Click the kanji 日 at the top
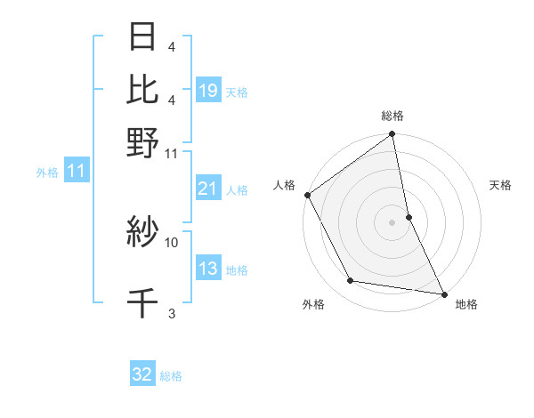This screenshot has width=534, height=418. [x=143, y=38]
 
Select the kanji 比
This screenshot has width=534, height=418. [x=143, y=89]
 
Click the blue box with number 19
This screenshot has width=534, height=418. [x=207, y=90]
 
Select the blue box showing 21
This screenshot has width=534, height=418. [x=207, y=188]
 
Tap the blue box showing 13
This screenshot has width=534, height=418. [x=207, y=269]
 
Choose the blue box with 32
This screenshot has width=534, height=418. [x=142, y=374]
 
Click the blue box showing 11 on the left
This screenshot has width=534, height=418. [x=76, y=171]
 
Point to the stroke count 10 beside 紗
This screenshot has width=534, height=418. [x=172, y=241]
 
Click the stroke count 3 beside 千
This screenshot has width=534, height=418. [x=172, y=312]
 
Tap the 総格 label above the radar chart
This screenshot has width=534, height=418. [x=392, y=117]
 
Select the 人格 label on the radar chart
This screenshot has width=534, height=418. [x=284, y=185]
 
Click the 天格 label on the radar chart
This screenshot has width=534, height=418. [x=501, y=185]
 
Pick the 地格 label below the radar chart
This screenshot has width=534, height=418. [x=467, y=305]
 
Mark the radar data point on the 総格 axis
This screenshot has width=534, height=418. [x=392, y=135]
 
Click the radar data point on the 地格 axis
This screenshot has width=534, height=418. [x=444, y=293]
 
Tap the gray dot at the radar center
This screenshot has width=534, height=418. [x=392, y=221]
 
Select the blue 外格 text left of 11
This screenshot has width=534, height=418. [x=47, y=173]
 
